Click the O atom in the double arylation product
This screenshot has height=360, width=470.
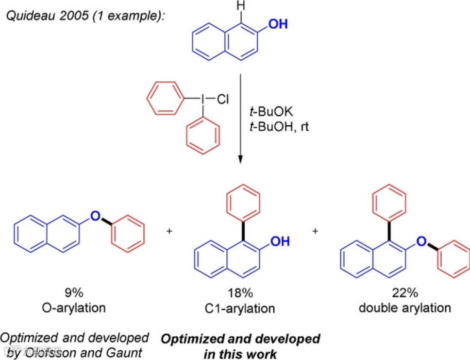coord(422,241)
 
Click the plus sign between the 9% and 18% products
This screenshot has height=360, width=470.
coord(169,231)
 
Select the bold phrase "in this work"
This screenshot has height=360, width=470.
coord(240,353)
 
